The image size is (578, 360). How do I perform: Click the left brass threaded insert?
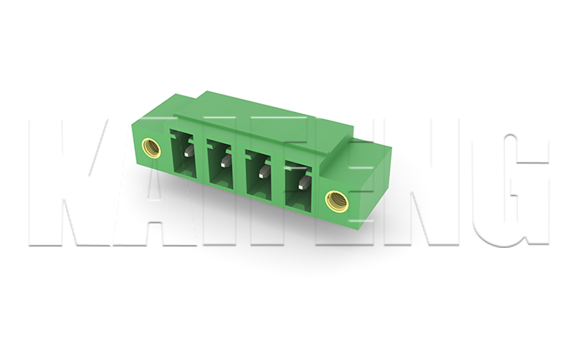click(x=152, y=147)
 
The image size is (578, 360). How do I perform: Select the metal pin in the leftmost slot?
click(x=188, y=150)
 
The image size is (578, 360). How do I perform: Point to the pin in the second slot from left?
click(x=224, y=161)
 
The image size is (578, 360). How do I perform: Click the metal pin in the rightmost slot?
click(x=304, y=182)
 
